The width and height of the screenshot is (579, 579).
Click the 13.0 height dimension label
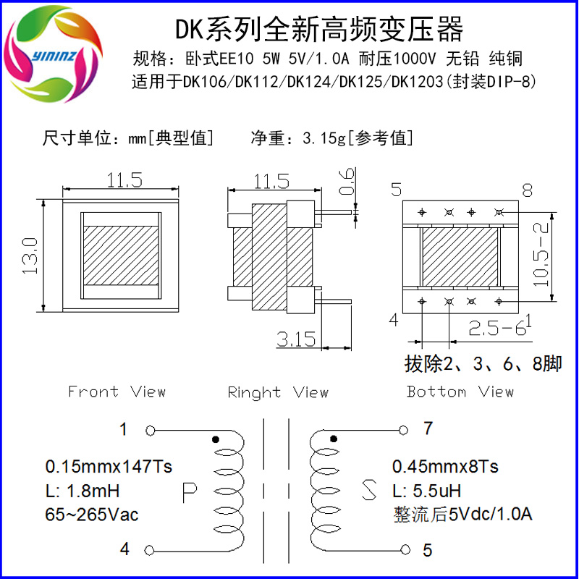click(x=30, y=254)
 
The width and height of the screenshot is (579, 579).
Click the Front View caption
click(x=117, y=392)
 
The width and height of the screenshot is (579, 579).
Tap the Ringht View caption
click(x=278, y=392)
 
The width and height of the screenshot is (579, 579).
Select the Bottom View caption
click(x=460, y=392)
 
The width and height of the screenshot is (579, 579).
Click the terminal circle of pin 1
click(x=151, y=431)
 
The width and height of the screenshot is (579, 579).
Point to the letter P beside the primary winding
click(x=190, y=493)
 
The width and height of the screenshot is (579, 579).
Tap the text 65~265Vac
click(x=92, y=515)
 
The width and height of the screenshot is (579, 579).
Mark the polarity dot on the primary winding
click(x=215, y=439)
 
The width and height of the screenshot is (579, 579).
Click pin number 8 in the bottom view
click(x=527, y=190)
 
